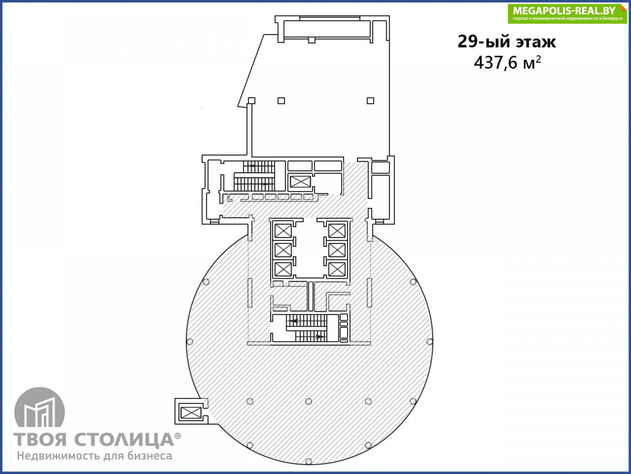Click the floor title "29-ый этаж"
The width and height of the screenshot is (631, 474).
(x=506, y=41)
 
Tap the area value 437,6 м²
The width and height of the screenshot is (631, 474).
(x=508, y=62)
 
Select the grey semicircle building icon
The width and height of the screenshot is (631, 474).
(x=40, y=407)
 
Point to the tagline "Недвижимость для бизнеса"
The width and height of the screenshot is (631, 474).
(x=95, y=456)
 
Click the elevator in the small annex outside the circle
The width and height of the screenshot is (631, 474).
(x=190, y=413)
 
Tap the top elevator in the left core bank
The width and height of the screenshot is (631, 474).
(x=283, y=231)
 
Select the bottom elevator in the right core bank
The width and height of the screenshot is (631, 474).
(x=337, y=269)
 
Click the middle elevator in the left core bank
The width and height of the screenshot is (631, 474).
(x=283, y=250)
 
